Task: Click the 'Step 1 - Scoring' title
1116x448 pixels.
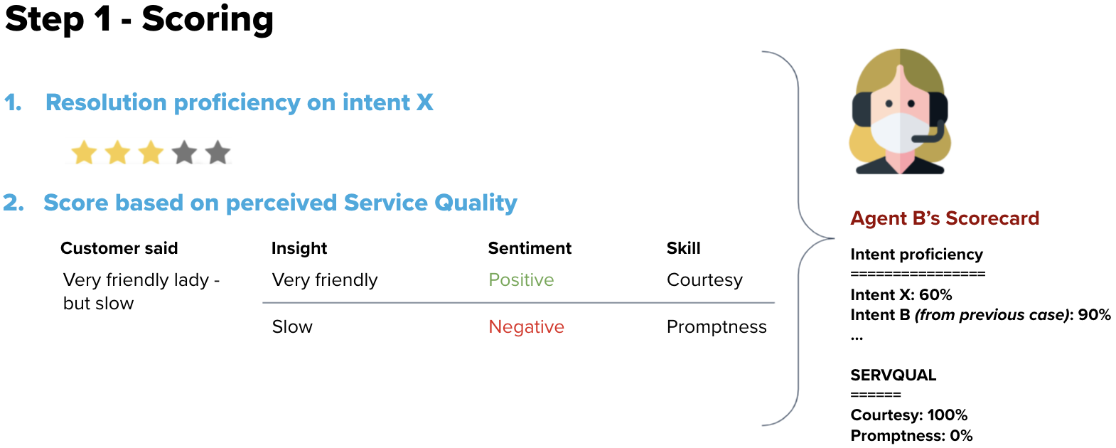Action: pos(139,20)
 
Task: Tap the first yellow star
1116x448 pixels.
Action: pos(84,152)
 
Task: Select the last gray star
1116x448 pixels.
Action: pos(218,152)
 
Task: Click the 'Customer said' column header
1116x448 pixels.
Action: pos(119,248)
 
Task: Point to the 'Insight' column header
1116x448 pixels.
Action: pos(299,248)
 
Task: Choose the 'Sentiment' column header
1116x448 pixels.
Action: pos(530,248)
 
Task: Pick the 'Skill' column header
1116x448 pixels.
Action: pos(684,248)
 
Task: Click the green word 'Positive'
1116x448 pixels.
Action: pos(521,280)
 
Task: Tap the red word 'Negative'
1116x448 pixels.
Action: pos(527,327)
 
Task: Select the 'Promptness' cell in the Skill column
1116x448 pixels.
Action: pos(717,327)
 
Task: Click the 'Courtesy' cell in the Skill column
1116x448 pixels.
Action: pos(705,280)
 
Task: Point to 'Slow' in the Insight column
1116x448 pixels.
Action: pos(292,327)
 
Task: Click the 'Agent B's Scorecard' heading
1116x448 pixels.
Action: pos(945,218)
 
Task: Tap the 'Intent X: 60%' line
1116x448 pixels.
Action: pos(901,295)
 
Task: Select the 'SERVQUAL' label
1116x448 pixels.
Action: pos(894,375)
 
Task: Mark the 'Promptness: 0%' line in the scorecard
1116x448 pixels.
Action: pos(912,435)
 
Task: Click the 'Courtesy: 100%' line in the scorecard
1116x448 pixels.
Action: pos(909,415)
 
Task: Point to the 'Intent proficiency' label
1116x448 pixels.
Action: pos(917,255)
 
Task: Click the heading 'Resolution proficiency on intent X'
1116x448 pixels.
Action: pos(239,102)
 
